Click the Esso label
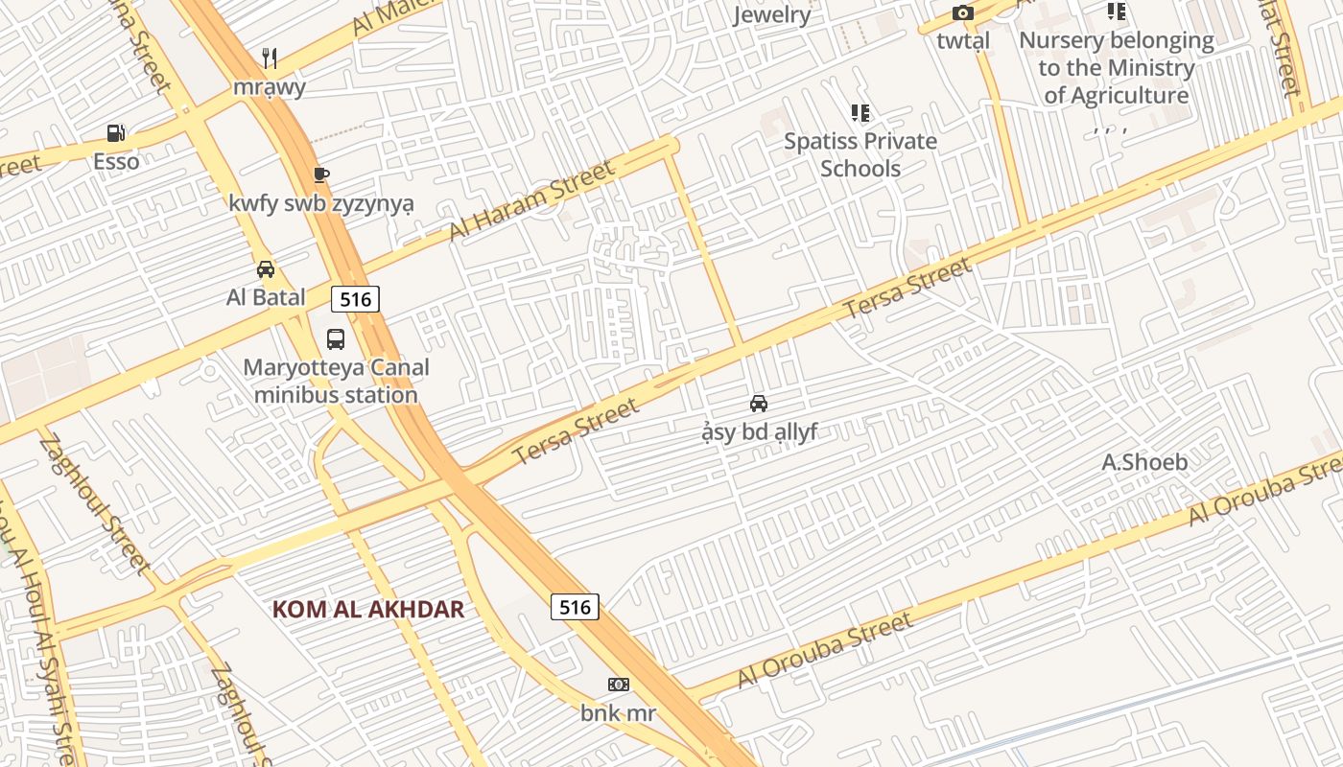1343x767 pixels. (116, 161)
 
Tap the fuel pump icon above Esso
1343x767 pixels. (116, 132)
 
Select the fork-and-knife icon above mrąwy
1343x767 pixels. (270, 58)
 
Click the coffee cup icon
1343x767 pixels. (321, 174)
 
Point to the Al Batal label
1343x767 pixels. (266, 297)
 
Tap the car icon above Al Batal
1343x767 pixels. (266, 269)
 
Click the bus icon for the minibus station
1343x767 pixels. (336, 338)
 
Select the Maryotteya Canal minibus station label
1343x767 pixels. (336, 381)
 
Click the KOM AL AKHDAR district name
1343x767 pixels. (368, 610)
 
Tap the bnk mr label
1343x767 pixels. (619, 713)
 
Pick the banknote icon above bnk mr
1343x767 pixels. (619, 685)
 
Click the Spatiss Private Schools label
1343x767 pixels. (860, 154)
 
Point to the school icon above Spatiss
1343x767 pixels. (860, 113)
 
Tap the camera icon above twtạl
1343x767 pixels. (963, 13)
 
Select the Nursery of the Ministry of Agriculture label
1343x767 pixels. (1117, 68)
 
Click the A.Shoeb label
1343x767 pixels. (1144, 462)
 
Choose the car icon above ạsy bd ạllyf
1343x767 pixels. (759, 404)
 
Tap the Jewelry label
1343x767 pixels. (772, 14)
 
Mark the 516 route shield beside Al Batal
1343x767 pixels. (355, 299)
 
